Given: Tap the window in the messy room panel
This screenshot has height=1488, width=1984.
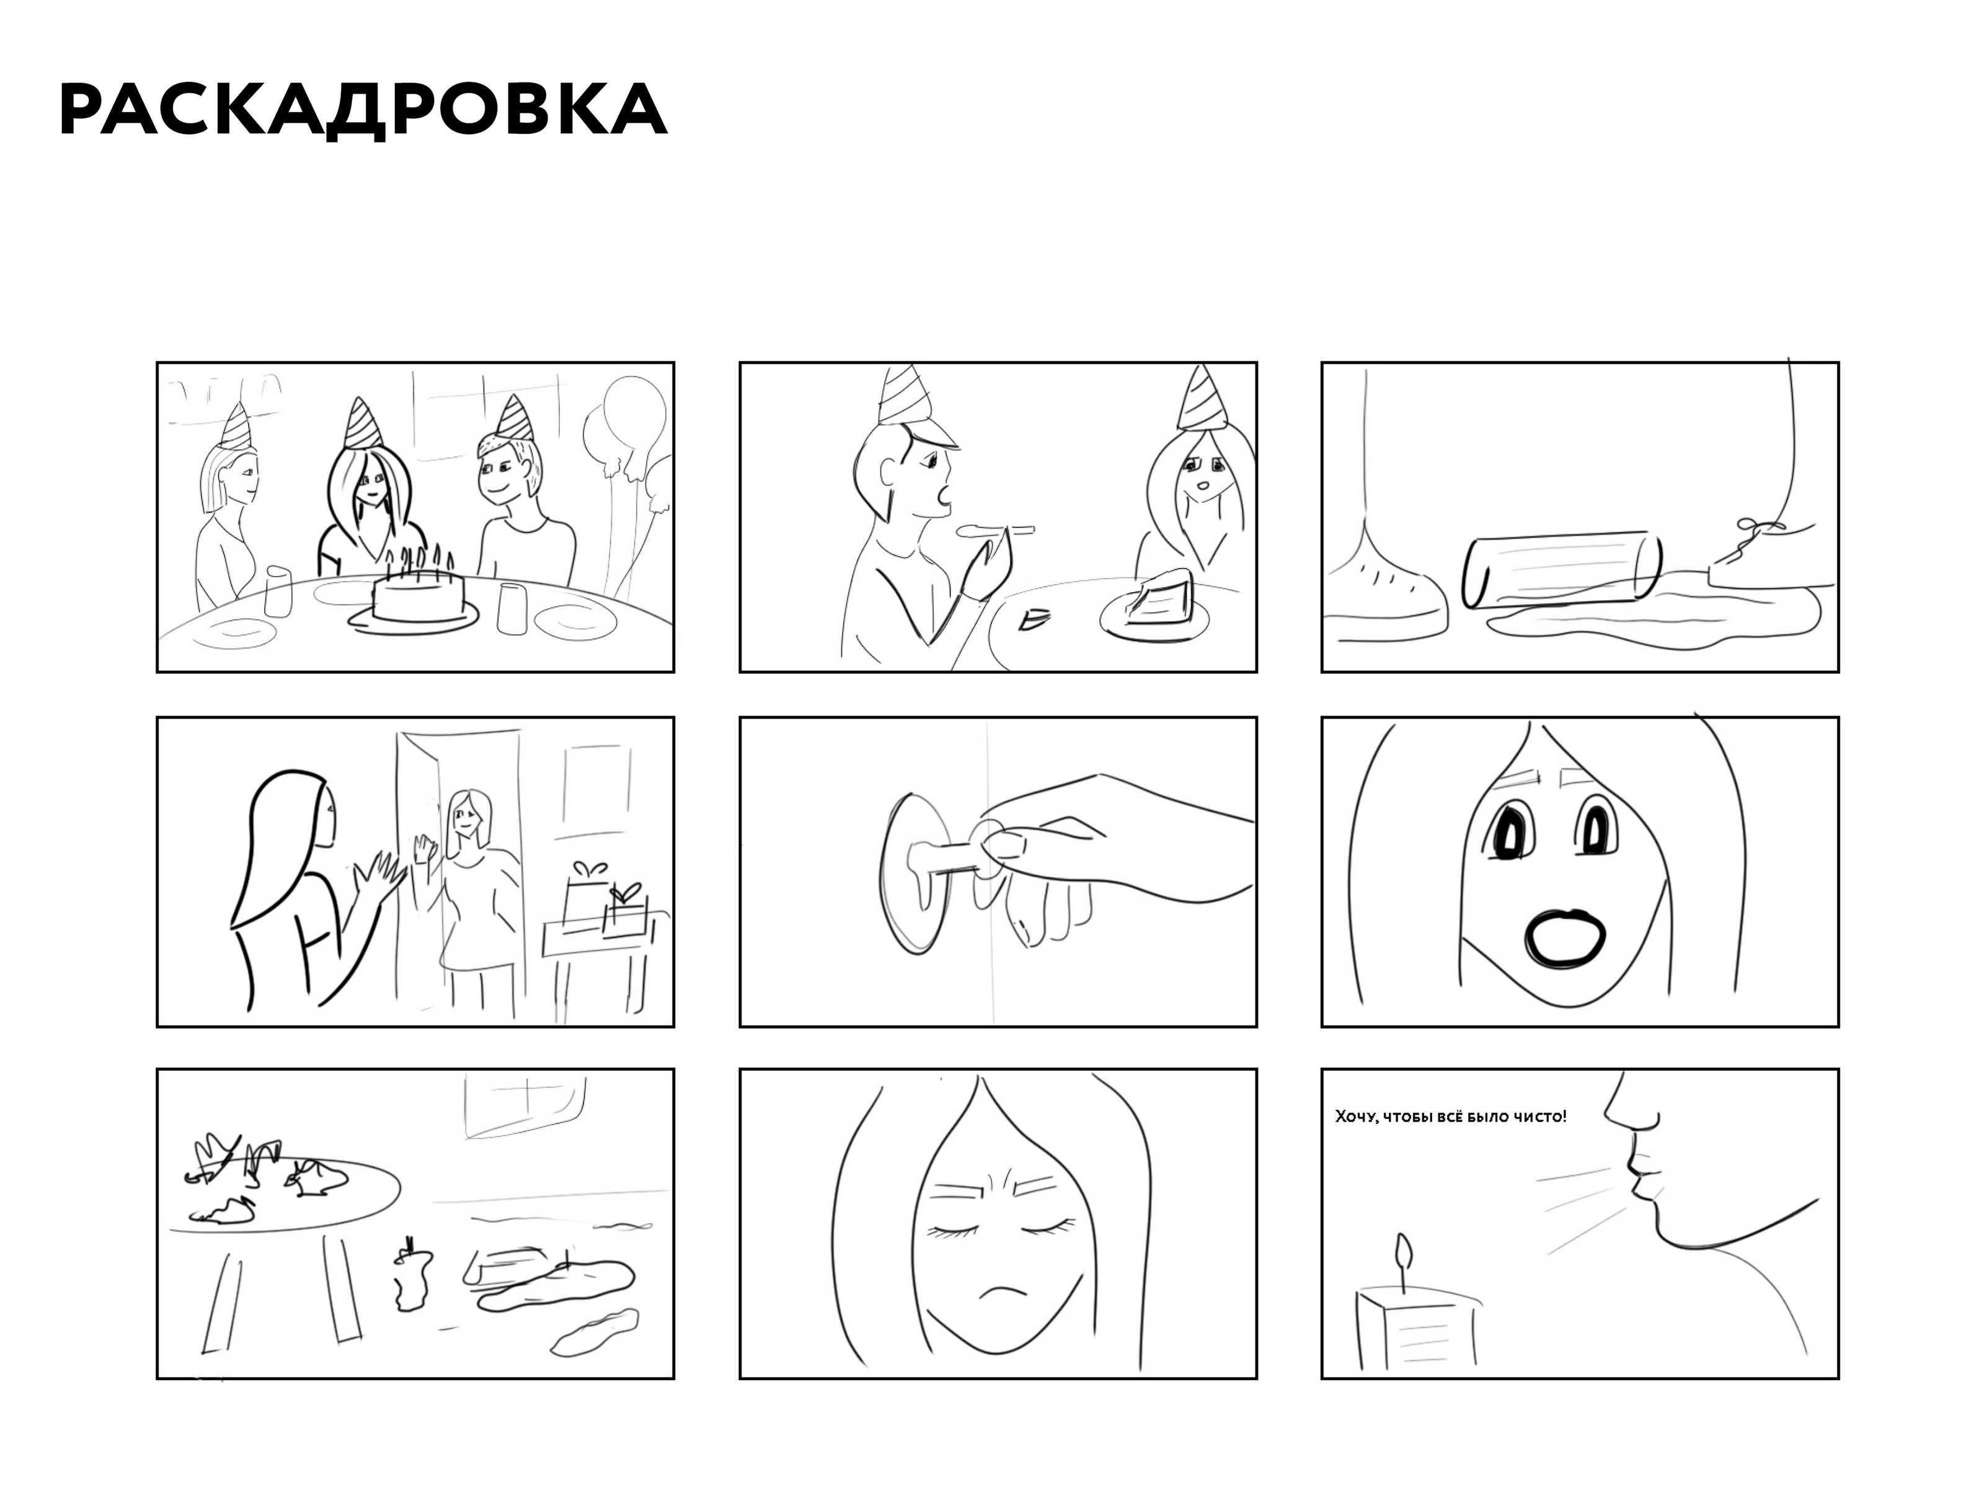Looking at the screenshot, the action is point(525,1105).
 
